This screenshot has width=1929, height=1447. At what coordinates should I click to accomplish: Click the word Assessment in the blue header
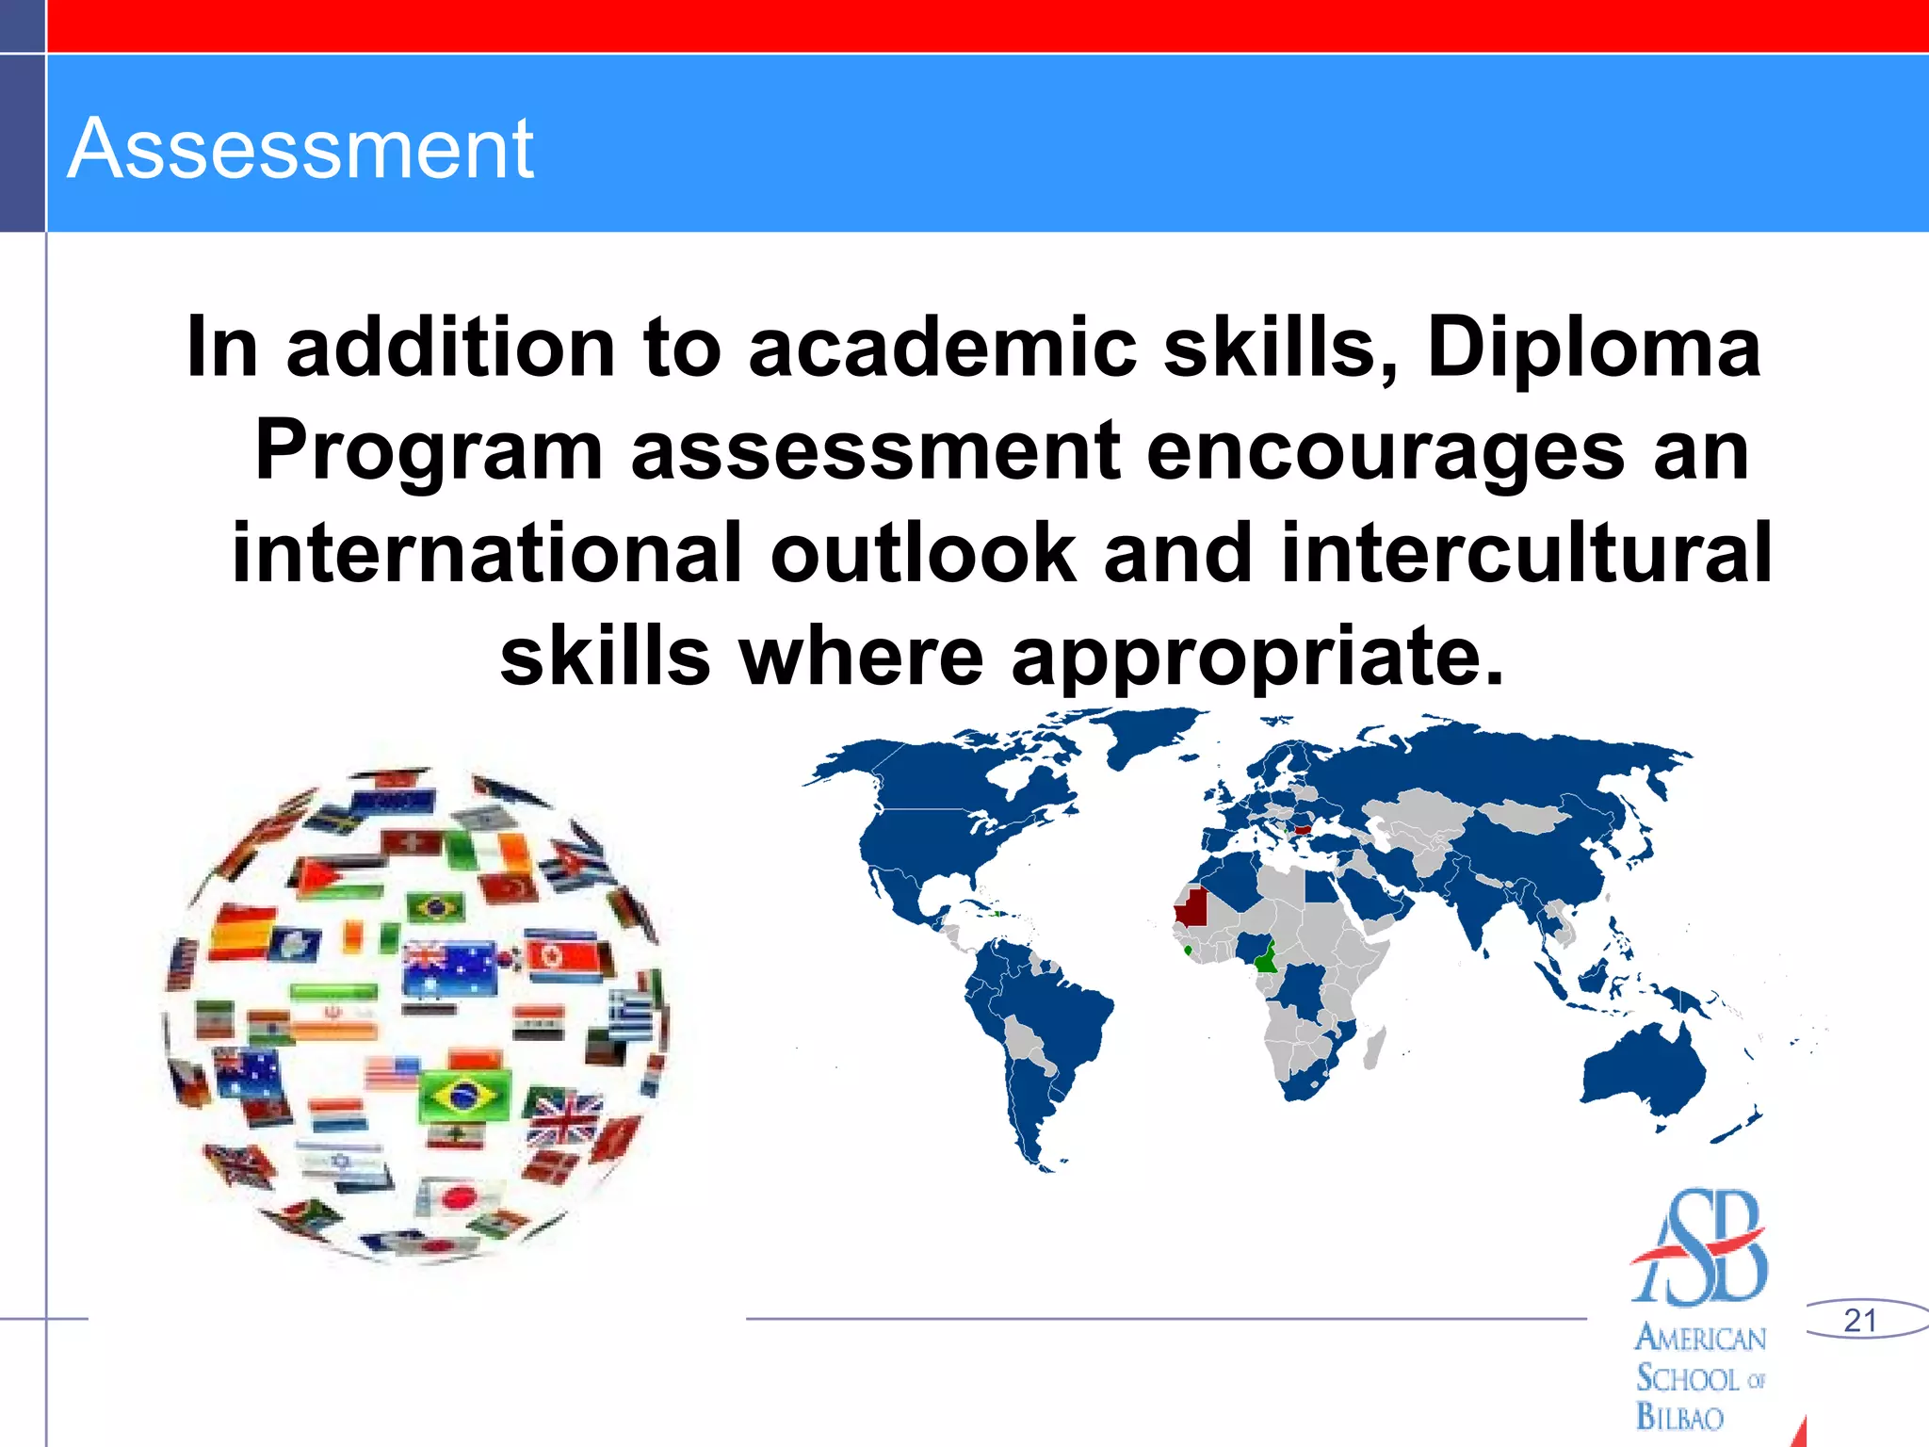pos(300,149)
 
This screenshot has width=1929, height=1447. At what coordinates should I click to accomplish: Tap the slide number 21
pos(1860,1320)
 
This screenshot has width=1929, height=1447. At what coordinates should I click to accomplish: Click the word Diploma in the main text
pos(1593,347)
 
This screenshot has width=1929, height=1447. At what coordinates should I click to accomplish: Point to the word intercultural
pos(1527,553)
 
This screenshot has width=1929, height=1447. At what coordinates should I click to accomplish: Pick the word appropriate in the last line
pos(1256,657)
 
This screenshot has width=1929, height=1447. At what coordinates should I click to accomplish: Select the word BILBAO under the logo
pos(1679,1417)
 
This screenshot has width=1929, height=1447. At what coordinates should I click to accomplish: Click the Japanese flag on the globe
pos(459,1197)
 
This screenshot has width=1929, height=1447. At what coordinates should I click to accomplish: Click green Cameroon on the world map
pos(1266,959)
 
